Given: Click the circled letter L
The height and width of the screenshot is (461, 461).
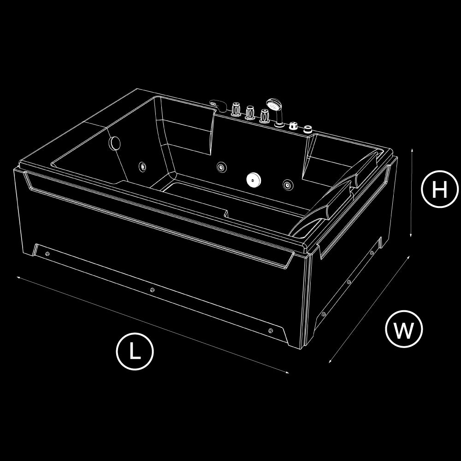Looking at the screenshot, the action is [x=135, y=351].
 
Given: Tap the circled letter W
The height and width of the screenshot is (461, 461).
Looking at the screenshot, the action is [x=404, y=329].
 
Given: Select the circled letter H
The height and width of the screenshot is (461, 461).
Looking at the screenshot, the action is [x=440, y=189].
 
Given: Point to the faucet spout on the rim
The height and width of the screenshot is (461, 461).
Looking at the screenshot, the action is [x=218, y=105].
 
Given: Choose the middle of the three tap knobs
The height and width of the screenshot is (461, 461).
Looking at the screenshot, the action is [x=250, y=112].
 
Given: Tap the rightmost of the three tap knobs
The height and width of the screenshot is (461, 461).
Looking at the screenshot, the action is [x=264, y=116].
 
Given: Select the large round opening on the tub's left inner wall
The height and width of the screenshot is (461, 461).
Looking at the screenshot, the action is [x=114, y=142].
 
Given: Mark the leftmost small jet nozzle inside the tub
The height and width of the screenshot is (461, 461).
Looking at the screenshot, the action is [x=143, y=167].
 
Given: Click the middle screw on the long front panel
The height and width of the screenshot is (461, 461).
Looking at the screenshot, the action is [x=152, y=290].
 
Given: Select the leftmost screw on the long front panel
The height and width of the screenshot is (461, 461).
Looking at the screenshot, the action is [x=47, y=254].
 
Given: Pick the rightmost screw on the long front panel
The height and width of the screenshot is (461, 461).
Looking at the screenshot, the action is [x=270, y=331].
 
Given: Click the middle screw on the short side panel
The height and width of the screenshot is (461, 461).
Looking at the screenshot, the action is [x=349, y=282].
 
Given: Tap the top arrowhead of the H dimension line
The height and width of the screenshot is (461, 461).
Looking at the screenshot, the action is [x=412, y=150].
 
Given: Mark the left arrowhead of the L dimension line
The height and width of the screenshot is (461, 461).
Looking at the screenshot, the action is [x=18, y=278].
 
